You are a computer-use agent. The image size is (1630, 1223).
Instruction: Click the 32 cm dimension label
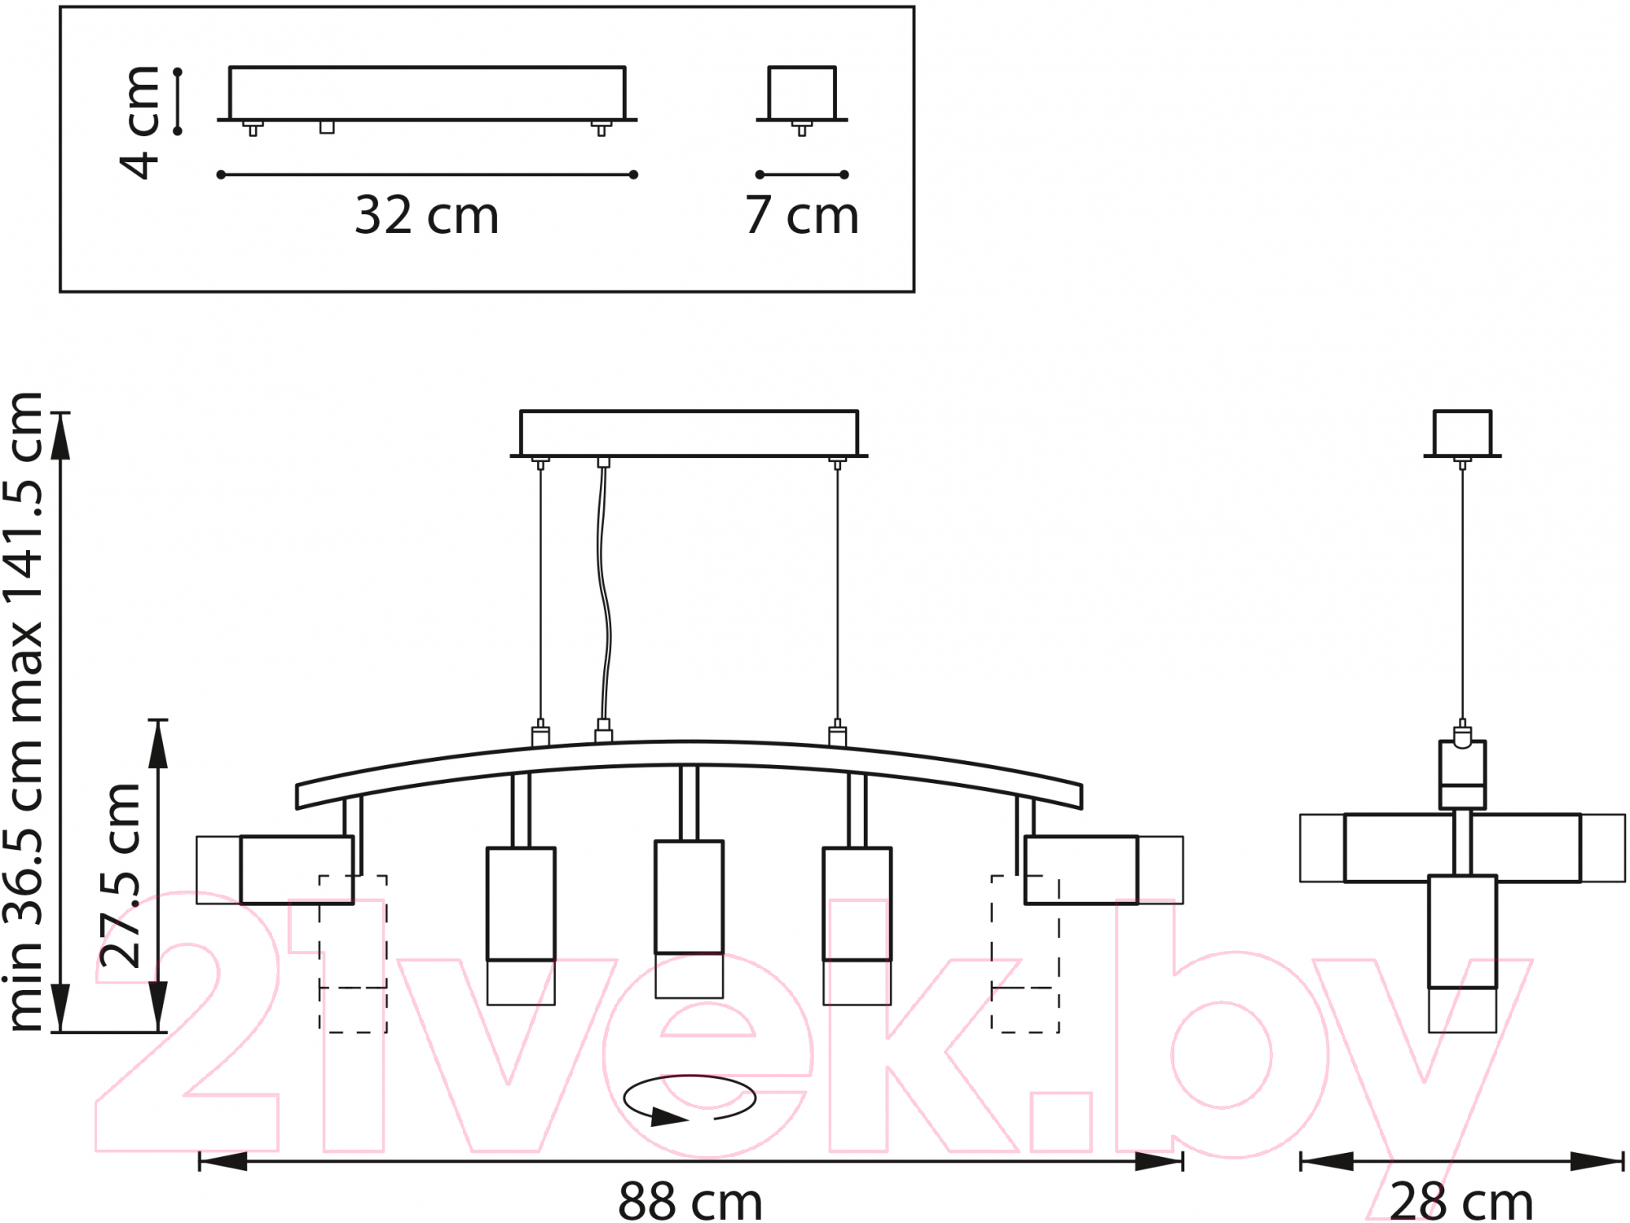426,215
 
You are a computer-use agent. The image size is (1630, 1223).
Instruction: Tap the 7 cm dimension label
802,215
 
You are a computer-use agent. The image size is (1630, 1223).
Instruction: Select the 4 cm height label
139,122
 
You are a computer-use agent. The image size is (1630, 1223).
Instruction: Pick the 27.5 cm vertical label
121,876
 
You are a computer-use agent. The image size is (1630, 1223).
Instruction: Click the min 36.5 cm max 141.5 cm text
24,711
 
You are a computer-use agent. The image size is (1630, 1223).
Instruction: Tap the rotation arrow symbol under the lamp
689,1099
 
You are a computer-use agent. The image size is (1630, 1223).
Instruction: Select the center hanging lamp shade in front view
689,919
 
